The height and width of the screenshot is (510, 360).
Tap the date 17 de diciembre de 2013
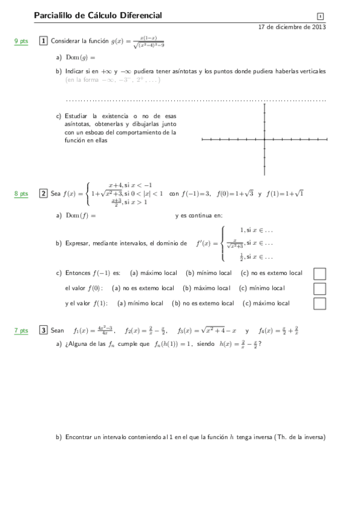[x=291, y=27]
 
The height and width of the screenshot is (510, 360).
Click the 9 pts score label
[x=21, y=41]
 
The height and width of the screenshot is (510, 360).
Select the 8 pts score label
[x=21, y=194]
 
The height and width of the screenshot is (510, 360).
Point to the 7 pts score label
[x=21, y=331]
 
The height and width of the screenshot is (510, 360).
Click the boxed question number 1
[x=43, y=41]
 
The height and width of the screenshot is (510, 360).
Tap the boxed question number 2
[x=43, y=194]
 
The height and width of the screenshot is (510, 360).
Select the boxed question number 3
[x=43, y=330]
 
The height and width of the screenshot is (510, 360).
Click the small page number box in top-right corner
[x=320, y=16]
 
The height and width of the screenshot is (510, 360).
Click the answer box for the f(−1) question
[x=320, y=274]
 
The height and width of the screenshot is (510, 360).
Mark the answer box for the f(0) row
[x=320, y=289]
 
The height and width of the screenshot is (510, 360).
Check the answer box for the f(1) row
[x=320, y=304]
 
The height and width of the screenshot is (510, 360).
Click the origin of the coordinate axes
[x=264, y=140]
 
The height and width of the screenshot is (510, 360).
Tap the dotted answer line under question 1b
[x=195, y=100]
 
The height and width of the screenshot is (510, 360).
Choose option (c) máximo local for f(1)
[x=266, y=304]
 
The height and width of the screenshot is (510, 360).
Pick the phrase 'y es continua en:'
[x=199, y=215]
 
